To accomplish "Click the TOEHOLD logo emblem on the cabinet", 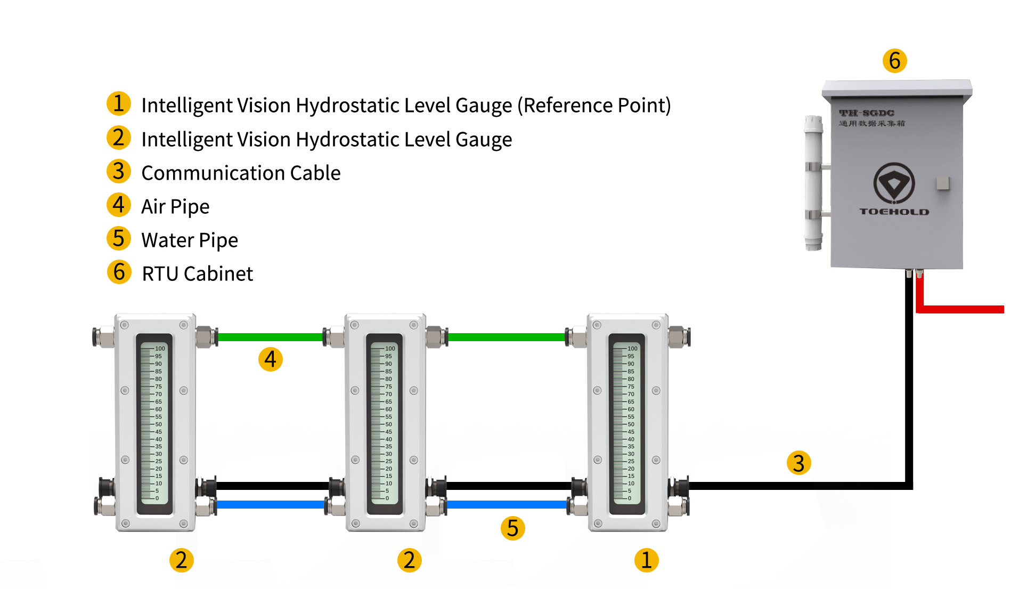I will (894, 183).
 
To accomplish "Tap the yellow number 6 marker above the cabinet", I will (894, 61).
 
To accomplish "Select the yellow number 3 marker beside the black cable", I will (798, 463).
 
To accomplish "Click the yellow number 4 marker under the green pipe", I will (270, 359).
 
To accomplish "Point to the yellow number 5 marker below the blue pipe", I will (512, 528).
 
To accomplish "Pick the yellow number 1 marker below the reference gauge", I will (646, 560).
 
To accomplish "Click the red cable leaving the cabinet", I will (959, 309).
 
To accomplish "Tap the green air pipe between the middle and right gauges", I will (506, 337).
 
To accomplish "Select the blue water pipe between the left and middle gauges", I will (272, 504).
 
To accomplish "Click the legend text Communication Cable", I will (241, 173).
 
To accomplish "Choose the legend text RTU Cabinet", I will (197, 274).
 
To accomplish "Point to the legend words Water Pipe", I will (190, 240).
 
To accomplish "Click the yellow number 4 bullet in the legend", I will (118, 205).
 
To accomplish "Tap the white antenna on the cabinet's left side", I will (813, 183).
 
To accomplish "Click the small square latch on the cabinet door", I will (943, 183).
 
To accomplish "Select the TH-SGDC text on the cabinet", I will (867, 113).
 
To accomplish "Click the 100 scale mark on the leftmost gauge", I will (160, 349).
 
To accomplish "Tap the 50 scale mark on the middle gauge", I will (389, 424).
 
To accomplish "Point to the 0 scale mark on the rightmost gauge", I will (629, 498).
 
